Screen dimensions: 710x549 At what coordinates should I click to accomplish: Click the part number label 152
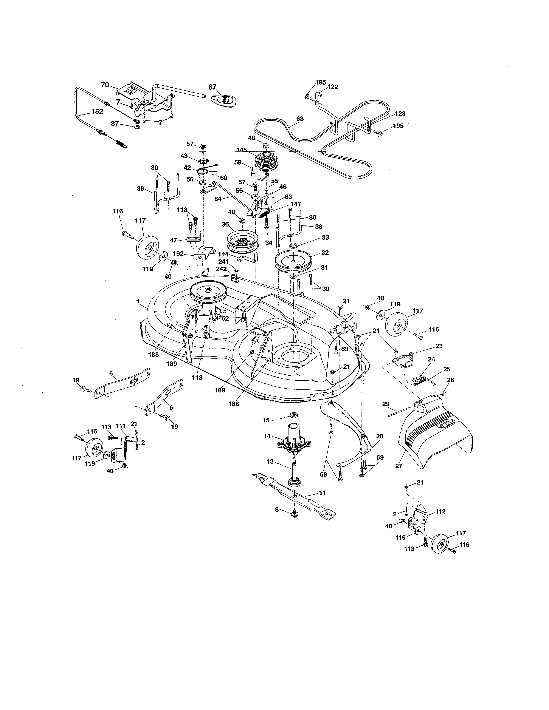click(x=97, y=111)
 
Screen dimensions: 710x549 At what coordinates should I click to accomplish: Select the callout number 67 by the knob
click(x=212, y=87)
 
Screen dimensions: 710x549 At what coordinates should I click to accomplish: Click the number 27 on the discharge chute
click(x=399, y=466)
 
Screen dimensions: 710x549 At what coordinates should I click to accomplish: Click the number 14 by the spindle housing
click(x=267, y=436)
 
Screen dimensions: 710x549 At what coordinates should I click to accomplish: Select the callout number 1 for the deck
click(x=138, y=301)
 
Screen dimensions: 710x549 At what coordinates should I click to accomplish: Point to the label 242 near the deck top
click(x=221, y=269)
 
